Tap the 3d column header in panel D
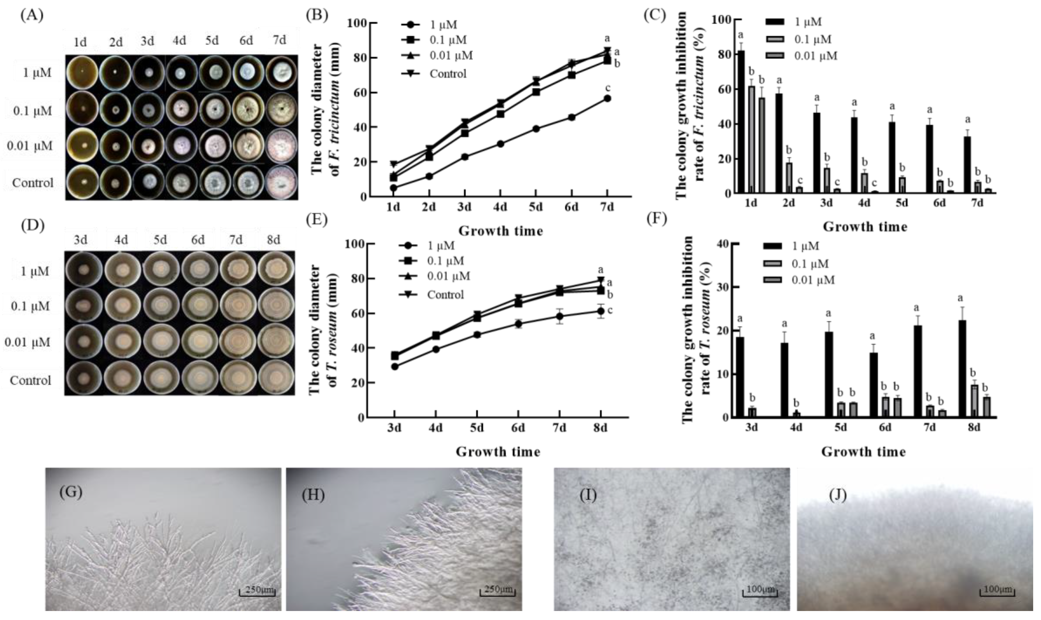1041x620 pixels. [81, 240]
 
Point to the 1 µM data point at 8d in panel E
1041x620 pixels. [600, 311]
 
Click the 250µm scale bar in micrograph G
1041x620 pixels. [257, 591]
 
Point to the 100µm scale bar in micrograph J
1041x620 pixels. [997, 591]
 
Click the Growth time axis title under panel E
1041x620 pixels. [497, 452]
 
